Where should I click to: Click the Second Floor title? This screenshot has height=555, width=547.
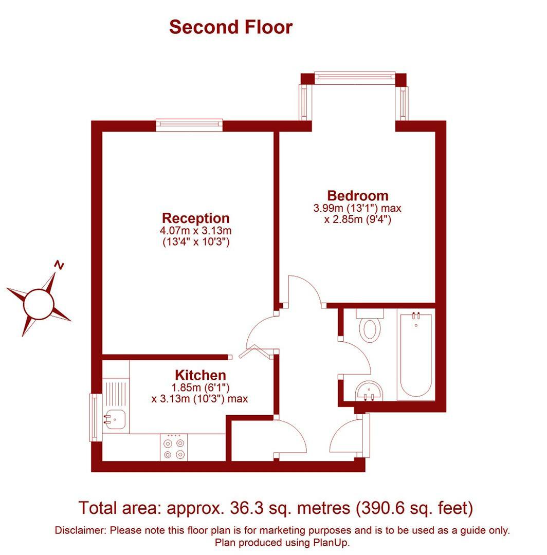(x=231, y=27)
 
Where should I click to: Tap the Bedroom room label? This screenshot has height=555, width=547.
(x=358, y=196)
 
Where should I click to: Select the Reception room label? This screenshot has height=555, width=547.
(x=195, y=218)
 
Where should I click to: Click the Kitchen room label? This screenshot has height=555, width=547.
(x=200, y=375)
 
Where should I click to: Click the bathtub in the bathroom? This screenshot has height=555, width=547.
(x=415, y=355)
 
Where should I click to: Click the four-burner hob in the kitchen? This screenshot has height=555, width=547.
(x=173, y=448)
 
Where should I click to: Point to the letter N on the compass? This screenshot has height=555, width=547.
(x=60, y=265)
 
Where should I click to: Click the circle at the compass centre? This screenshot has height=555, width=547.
(x=38, y=304)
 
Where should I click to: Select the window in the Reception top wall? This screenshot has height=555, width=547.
(x=189, y=125)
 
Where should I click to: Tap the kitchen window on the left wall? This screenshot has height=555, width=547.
(x=95, y=417)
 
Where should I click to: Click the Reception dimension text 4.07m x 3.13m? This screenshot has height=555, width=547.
(x=195, y=231)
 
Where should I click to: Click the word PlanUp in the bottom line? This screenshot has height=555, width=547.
(x=331, y=542)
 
